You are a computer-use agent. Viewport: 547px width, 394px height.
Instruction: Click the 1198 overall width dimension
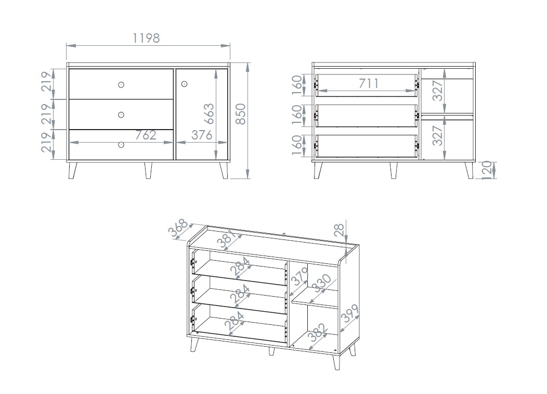pyautogui.click(x=146, y=38)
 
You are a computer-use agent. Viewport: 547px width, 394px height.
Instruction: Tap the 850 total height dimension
pyautogui.click(x=241, y=114)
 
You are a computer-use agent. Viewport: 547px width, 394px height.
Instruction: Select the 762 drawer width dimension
pyautogui.click(x=146, y=135)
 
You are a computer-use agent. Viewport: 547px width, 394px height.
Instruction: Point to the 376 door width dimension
pyautogui.click(x=202, y=135)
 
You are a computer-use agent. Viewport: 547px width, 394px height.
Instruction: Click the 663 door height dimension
pyautogui.click(x=209, y=114)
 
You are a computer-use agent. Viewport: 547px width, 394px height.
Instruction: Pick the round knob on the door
pyautogui.click(x=185, y=84)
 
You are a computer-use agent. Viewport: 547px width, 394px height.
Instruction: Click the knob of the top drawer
pyautogui.click(x=121, y=84)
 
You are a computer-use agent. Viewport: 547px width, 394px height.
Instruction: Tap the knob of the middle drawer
pyautogui.click(x=121, y=115)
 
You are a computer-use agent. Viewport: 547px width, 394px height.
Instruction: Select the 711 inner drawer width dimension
pyautogui.click(x=369, y=83)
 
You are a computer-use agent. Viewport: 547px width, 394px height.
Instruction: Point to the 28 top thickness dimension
pyautogui.click(x=339, y=231)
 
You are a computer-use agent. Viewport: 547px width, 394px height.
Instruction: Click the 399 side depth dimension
pyautogui.click(x=350, y=313)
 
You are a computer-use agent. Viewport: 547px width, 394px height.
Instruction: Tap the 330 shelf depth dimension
pyautogui.click(x=321, y=283)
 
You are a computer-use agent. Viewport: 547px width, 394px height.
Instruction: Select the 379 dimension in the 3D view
pyautogui.click(x=299, y=276)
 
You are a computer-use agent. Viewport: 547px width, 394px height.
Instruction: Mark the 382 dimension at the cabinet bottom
pyautogui.click(x=318, y=333)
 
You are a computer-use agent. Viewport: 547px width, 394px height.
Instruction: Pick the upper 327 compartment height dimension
pyautogui.click(x=437, y=91)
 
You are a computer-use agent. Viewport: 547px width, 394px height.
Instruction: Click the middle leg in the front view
pyautogui.click(x=148, y=170)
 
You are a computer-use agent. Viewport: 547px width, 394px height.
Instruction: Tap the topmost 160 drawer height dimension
pyautogui.click(x=296, y=85)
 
